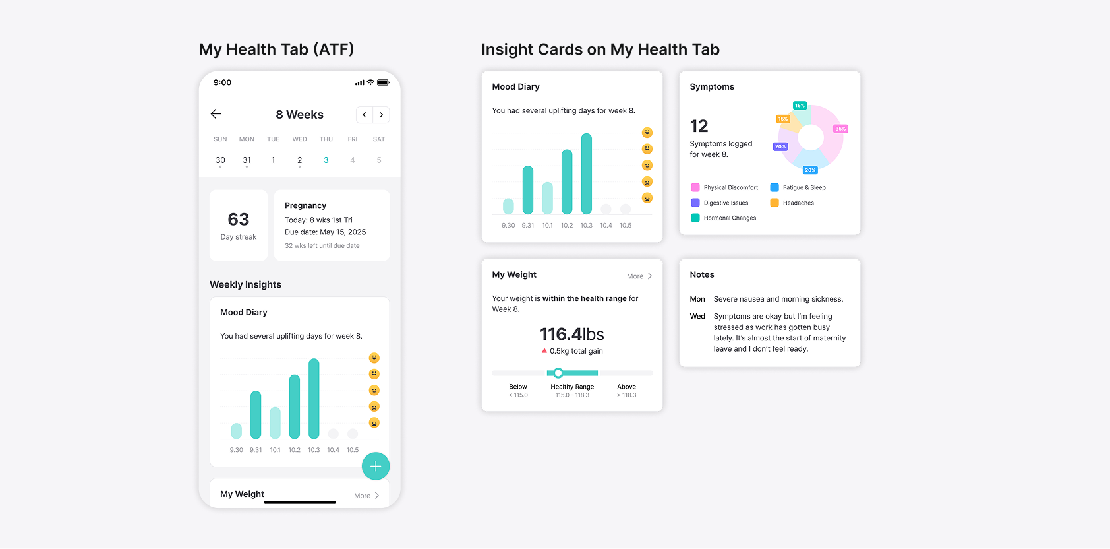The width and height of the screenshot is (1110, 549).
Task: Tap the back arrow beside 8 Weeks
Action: click(x=216, y=114)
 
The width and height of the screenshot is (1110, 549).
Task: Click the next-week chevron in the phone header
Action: click(x=381, y=115)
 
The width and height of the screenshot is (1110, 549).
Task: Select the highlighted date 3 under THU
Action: click(x=326, y=160)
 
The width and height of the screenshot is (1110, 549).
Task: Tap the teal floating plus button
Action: click(x=376, y=467)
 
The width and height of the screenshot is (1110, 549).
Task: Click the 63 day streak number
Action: click(x=239, y=219)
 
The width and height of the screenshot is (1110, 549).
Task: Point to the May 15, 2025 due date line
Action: click(x=325, y=232)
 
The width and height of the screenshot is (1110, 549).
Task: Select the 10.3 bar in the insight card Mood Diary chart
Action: click(x=586, y=174)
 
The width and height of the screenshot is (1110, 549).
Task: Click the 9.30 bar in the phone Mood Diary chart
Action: click(x=237, y=430)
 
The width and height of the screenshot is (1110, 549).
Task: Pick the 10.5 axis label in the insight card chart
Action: click(x=626, y=226)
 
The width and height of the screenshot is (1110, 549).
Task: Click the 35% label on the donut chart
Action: click(x=840, y=129)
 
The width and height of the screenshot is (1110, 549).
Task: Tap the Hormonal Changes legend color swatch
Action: click(x=695, y=218)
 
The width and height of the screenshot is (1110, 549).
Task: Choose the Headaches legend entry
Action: click(x=798, y=203)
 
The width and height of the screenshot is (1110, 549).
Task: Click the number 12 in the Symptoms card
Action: click(x=699, y=126)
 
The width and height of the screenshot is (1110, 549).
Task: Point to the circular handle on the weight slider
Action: click(x=558, y=373)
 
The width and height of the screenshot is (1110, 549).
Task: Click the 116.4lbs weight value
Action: click(x=571, y=334)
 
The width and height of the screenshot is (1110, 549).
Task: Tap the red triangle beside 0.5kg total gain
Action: click(x=544, y=351)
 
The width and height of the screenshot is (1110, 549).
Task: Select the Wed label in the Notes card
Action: click(x=697, y=317)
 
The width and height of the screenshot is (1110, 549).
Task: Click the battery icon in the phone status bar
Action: click(x=383, y=82)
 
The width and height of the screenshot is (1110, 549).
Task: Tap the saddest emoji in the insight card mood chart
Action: click(x=647, y=198)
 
